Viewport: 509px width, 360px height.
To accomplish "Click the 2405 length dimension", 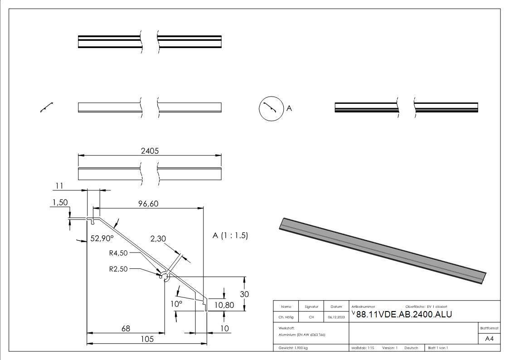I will tap(150, 151).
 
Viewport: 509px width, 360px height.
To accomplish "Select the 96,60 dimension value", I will tap(148, 204).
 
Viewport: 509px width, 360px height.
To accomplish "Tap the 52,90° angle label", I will tap(102, 238).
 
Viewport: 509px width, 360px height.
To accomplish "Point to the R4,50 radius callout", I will tap(118, 253).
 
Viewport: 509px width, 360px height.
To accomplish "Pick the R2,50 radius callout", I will tap(118, 268).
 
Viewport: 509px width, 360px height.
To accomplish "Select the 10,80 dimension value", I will tap(224, 305).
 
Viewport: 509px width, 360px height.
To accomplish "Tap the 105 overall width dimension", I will tap(147, 339).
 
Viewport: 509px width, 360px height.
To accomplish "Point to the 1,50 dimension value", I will tap(60, 202).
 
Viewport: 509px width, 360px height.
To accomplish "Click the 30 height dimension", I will tap(244, 294).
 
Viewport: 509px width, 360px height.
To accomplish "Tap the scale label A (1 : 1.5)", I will tap(230, 235).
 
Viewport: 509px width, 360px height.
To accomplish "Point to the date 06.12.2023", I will tap(336, 317).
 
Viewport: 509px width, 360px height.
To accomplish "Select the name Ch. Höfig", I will tap(286, 317).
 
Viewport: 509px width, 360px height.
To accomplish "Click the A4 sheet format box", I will tap(489, 338).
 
